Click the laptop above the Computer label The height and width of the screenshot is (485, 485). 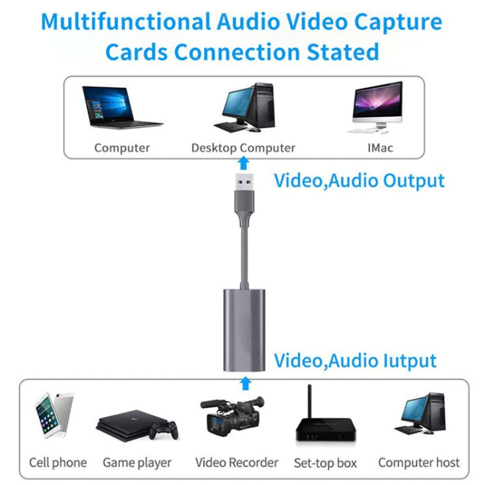(x=122, y=107)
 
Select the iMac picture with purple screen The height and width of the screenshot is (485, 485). (x=378, y=107)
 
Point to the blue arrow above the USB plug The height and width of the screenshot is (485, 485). (x=244, y=163)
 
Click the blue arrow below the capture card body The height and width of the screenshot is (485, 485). (x=246, y=383)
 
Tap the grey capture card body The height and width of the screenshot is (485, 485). (x=244, y=330)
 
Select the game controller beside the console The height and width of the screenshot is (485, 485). (x=164, y=429)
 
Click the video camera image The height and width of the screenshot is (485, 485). (x=232, y=416)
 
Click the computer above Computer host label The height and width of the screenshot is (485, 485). (x=420, y=413)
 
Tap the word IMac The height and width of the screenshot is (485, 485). (x=380, y=148)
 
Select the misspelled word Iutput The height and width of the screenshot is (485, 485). (x=409, y=361)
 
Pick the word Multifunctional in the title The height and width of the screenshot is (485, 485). (x=126, y=21)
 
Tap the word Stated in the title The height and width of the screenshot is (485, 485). (x=343, y=52)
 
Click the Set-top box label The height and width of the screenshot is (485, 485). (x=325, y=463)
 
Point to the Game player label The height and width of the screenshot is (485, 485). (x=137, y=463)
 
